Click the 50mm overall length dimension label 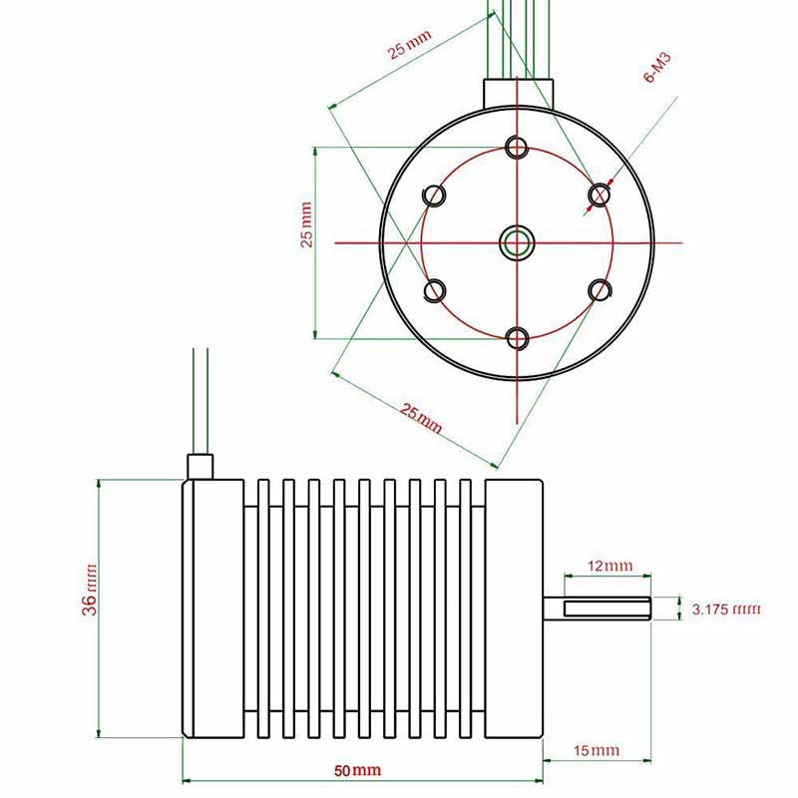(x=357, y=770)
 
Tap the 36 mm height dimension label (x=89, y=590)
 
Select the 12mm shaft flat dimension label (x=610, y=566)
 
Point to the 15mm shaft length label (x=597, y=750)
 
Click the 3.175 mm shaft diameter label (x=726, y=608)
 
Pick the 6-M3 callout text (x=657, y=67)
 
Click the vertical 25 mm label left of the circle (x=306, y=224)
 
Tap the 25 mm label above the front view (x=410, y=45)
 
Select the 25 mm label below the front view (x=420, y=418)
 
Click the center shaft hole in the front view (x=517, y=242)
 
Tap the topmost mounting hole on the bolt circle (x=517, y=147)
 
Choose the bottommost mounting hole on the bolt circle (x=517, y=338)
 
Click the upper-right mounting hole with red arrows (x=599, y=195)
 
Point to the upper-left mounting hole (x=434, y=195)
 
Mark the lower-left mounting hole (x=435, y=291)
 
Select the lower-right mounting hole (x=599, y=290)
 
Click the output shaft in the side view (x=597, y=608)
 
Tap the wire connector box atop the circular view (x=518, y=94)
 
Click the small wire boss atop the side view (x=200, y=467)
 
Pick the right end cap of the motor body (x=514, y=608)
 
